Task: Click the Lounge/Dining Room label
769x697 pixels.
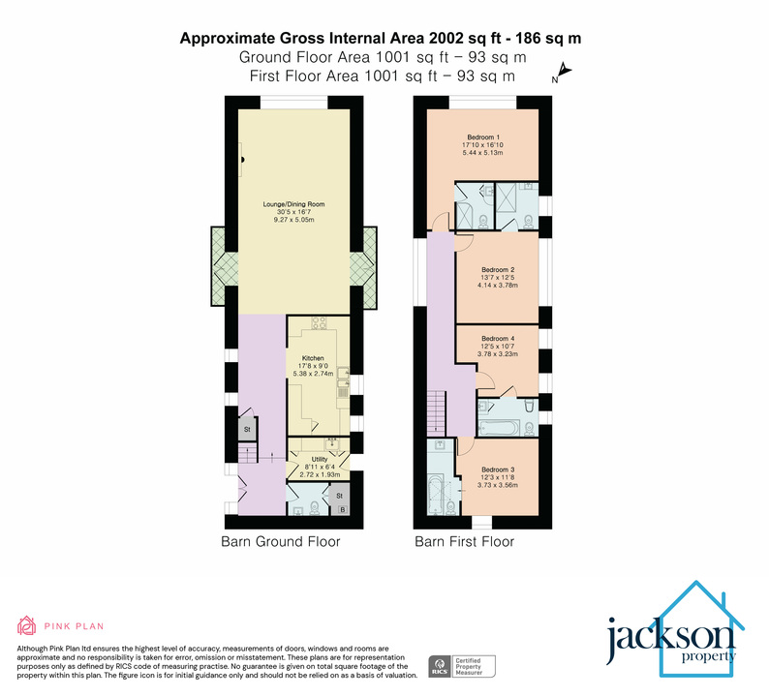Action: pyautogui.click(x=298, y=205)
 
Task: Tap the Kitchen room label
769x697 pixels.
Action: pyautogui.click(x=312, y=358)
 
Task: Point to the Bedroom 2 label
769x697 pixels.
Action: pyautogui.click(x=498, y=269)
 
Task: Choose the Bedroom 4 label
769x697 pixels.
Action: pyautogui.click(x=498, y=339)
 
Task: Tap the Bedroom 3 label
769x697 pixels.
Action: pyautogui.click(x=498, y=469)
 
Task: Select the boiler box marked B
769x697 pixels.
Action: pyautogui.click(x=340, y=507)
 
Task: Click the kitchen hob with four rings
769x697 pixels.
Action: pyautogui.click(x=319, y=323)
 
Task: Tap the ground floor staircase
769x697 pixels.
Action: pyautogui.click(x=245, y=456)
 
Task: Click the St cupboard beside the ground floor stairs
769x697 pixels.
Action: pyautogui.click(x=247, y=429)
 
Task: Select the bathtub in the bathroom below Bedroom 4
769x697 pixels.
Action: pyautogui.click(x=499, y=423)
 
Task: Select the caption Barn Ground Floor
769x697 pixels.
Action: pyautogui.click(x=281, y=542)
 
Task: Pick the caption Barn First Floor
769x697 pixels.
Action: pyautogui.click(x=464, y=542)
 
